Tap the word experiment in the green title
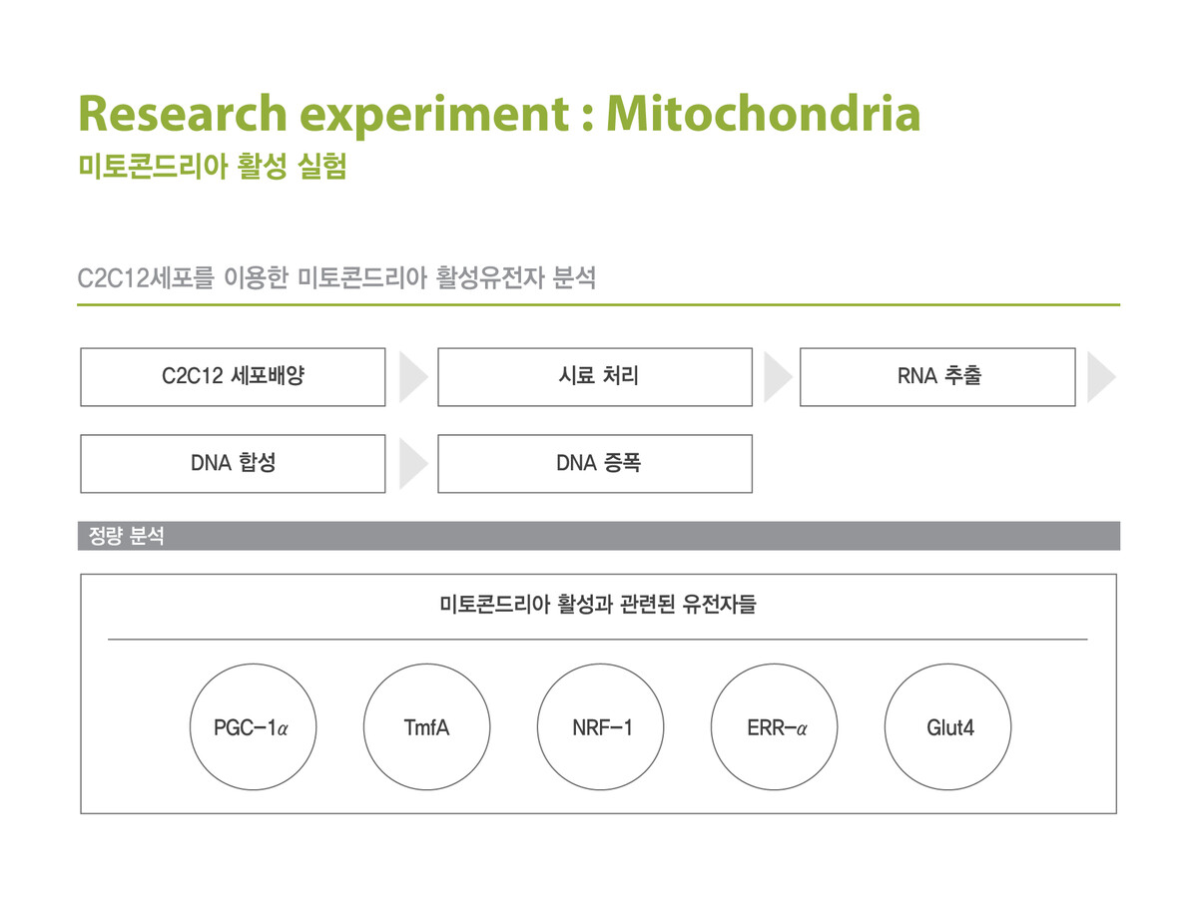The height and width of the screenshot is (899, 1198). pyautogui.click(x=434, y=116)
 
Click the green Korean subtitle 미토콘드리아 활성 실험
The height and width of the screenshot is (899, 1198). pyautogui.click(x=213, y=166)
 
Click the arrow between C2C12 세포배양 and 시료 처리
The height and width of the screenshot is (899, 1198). pyautogui.click(x=412, y=376)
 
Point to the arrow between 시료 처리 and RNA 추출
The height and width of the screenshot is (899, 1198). pyautogui.click(x=776, y=376)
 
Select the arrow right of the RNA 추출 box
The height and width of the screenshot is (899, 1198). pyautogui.click(x=1100, y=376)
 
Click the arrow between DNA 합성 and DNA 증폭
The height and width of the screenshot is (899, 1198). pyautogui.click(x=412, y=463)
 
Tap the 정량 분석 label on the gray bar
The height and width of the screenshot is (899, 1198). pyautogui.click(x=126, y=535)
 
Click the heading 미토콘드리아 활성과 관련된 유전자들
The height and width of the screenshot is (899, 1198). pyautogui.click(x=598, y=604)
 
